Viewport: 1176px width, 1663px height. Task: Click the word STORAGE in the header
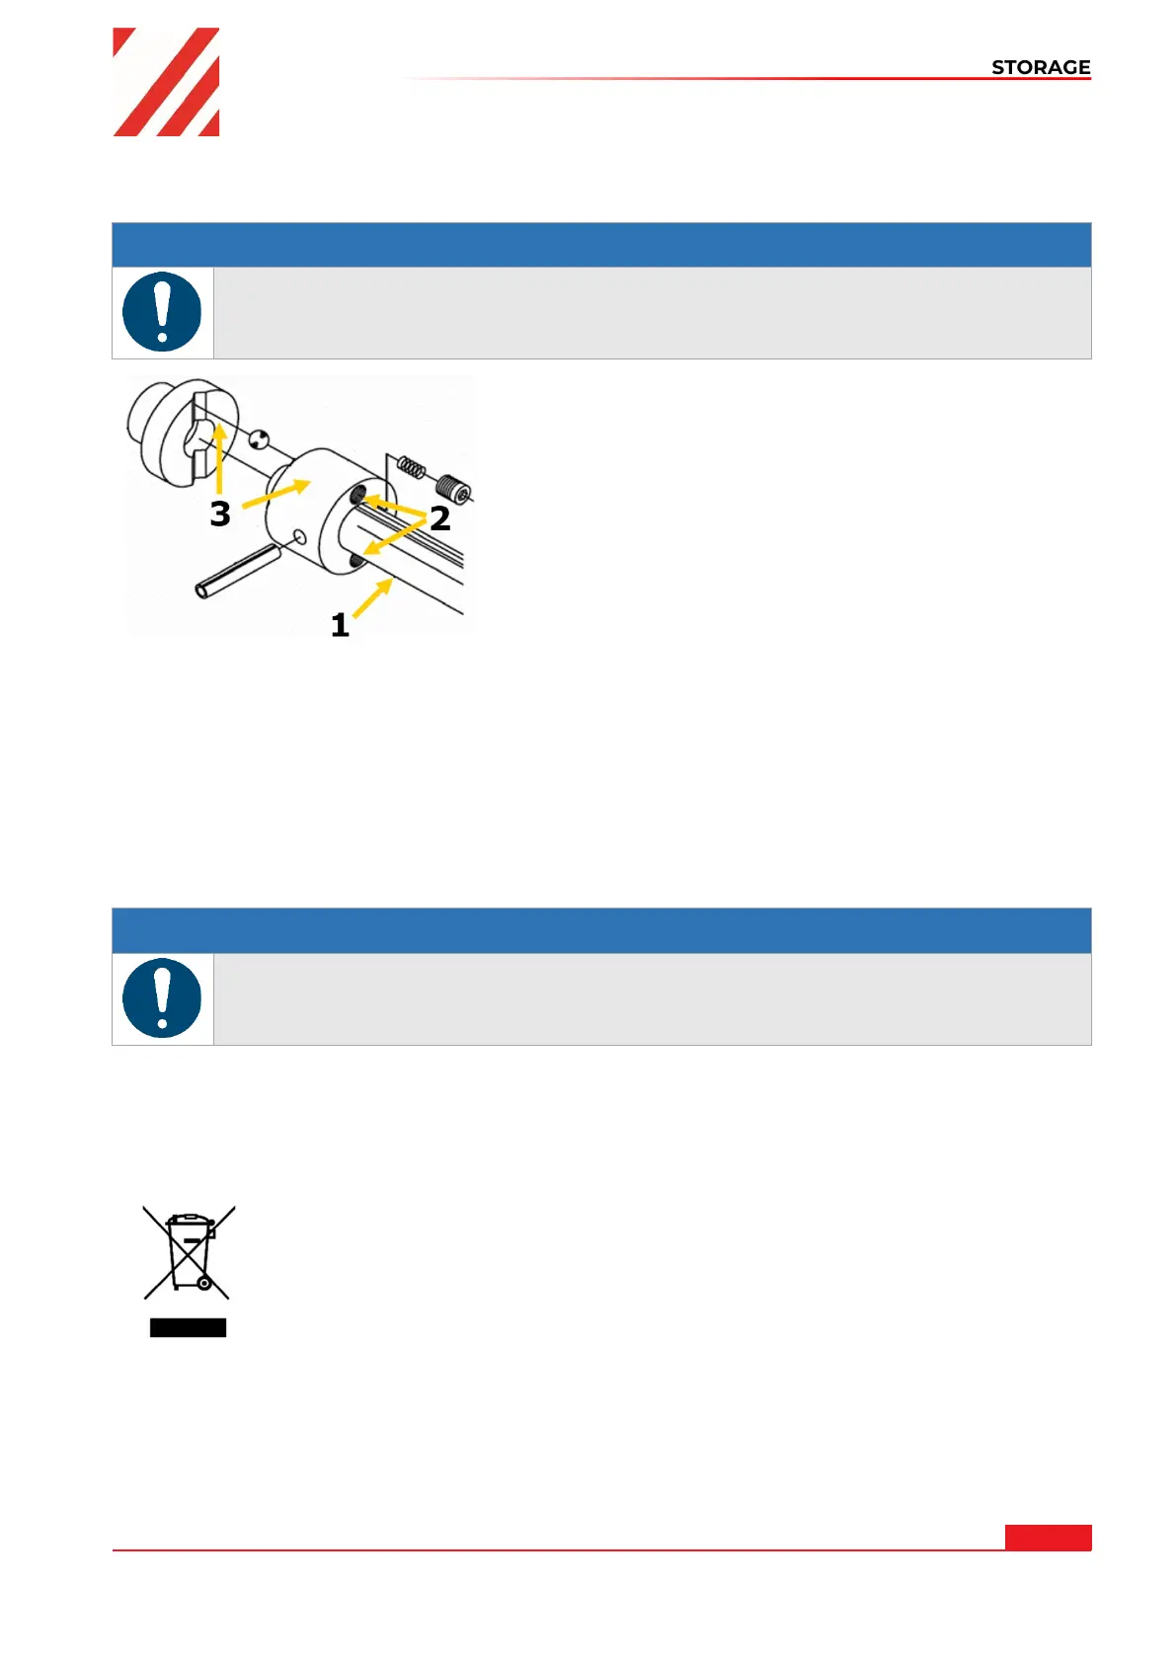point(1040,67)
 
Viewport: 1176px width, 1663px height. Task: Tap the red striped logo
point(166,82)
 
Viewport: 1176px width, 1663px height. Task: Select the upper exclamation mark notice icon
point(162,312)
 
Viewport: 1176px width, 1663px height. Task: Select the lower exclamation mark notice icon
point(162,997)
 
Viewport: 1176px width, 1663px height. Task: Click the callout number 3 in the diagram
point(220,514)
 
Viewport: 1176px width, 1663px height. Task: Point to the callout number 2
point(440,518)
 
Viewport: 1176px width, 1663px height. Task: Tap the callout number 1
point(340,625)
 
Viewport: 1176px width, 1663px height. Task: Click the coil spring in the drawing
point(411,467)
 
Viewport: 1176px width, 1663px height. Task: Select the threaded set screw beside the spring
point(453,488)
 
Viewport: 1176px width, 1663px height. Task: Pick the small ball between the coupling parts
point(259,439)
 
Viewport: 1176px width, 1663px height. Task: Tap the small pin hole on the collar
point(300,537)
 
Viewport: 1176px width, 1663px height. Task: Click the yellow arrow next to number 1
point(372,598)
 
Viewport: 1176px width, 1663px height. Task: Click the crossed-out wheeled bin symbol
point(189,1251)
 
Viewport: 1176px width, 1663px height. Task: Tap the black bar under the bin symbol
point(188,1327)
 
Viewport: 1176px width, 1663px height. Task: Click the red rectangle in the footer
point(1048,1537)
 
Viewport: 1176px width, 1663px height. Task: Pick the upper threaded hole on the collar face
point(357,493)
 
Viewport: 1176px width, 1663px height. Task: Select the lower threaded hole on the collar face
point(356,562)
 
